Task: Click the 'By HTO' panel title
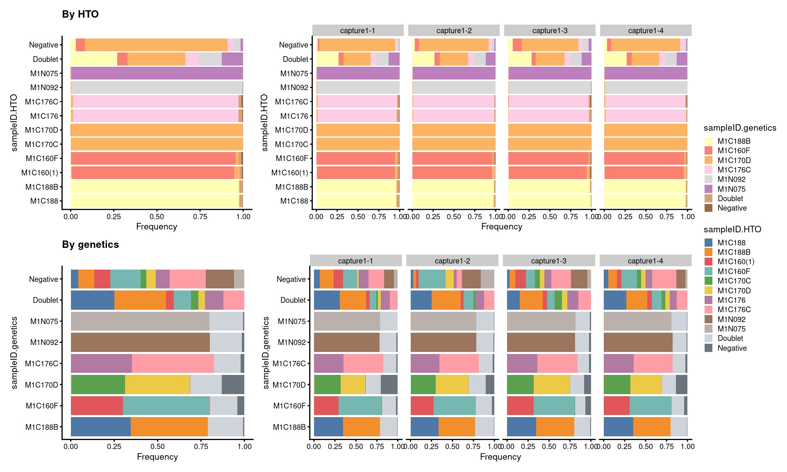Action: tap(80, 14)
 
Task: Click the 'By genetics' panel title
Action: tap(91, 245)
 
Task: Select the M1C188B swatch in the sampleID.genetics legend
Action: tap(709, 141)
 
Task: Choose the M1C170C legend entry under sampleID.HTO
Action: tap(709, 281)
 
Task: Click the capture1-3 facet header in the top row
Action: tap(550, 31)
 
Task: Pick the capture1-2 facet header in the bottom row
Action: tap(452, 261)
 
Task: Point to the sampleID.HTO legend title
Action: tap(732, 229)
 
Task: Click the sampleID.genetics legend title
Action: tap(740, 128)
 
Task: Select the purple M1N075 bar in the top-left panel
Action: tap(157, 73)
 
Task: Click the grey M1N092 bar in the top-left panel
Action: tap(157, 87)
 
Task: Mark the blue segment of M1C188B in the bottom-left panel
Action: tap(101, 427)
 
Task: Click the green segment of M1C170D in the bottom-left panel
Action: tap(98, 384)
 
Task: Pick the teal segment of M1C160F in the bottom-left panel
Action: tap(166, 406)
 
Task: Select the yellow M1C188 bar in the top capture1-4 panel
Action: tap(644, 201)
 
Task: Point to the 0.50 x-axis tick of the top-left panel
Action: tap(157, 217)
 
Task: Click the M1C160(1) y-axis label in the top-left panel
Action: tap(40, 173)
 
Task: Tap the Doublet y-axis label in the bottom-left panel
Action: tap(45, 300)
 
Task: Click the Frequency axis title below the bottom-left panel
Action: tap(157, 457)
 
